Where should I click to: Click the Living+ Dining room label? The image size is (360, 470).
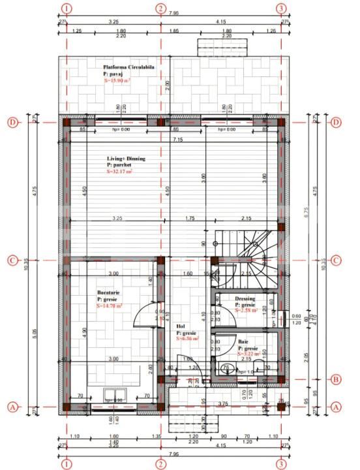click(126, 159)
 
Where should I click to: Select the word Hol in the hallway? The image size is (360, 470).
click(181, 326)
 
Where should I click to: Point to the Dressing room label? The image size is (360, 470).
click(245, 299)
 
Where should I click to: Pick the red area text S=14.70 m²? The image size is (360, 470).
click(110, 305)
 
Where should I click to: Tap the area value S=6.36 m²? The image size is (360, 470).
click(187, 339)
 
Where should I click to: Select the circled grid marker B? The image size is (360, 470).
click(335, 379)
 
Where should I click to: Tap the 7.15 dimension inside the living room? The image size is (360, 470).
click(177, 140)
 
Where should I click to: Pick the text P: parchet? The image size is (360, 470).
click(120, 166)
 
